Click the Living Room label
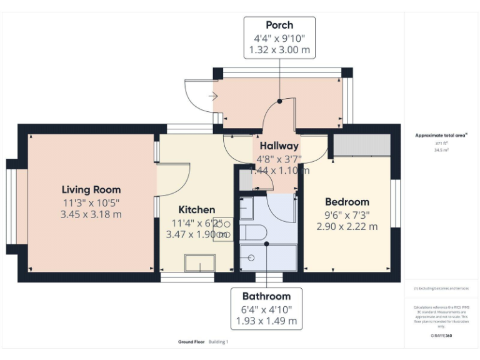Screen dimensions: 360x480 pyautogui.click(x=91, y=189)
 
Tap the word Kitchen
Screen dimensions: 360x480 pyautogui.click(x=197, y=209)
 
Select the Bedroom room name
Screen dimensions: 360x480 pyautogui.click(x=347, y=202)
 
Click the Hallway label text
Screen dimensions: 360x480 pyautogui.click(x=279, y=146)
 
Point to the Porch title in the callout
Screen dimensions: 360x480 pyautogui.click(x=279, y=25)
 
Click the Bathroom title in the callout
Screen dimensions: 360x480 pyautogui.click(x=266, y=296)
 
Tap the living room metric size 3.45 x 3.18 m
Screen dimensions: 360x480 pyautogui.click(x=91, y=214)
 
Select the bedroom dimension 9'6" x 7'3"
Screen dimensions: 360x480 pyautogui.click(x=347, y=214)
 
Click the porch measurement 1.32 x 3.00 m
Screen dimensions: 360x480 pyautogui.click(x=279, y=50)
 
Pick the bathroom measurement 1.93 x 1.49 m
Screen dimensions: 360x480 pyautogui.click(x=266, y=321)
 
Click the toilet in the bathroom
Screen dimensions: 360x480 pyautogui.click(x=253, y=233)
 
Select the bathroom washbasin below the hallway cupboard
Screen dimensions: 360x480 pyautogui.click(x=246, y=208)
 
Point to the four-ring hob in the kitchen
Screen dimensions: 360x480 pyautogui.click(x=223, y=229)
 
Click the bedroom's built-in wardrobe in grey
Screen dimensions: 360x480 pyautogui.click(x=362, y=145)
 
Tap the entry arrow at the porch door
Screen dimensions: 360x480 pyautogui.click(x=212, y=96)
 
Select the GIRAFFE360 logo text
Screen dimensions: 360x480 pyautogui.click(x=441, y=336)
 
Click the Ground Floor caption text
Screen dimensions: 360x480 pyautogui.click(x=189, y=342)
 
